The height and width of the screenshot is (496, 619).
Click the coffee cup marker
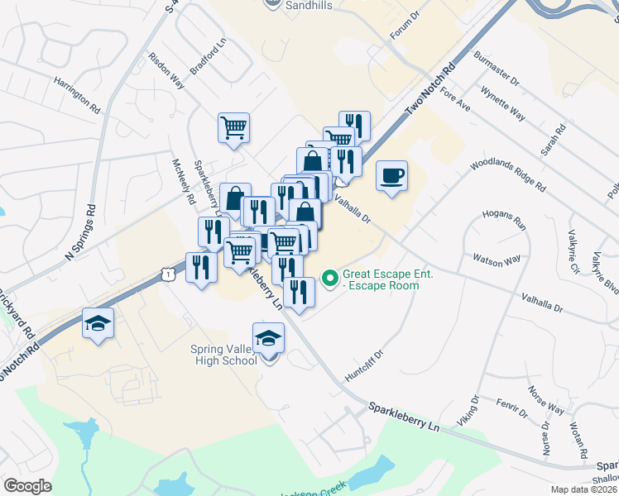[x=392, y=176]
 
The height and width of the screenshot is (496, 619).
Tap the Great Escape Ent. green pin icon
[x=330, y=279]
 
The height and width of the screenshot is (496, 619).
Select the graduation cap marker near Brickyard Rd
[x=98, y=323]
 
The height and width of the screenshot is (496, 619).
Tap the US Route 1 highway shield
[x=168, y=273]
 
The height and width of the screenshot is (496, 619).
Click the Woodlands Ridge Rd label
[x=507, y=175]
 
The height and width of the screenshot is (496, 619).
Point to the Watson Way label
[x=497, y=260]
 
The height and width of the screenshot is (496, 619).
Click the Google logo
[x=27, y=486]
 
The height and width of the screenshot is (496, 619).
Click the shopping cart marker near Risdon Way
[x=234, y=128]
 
